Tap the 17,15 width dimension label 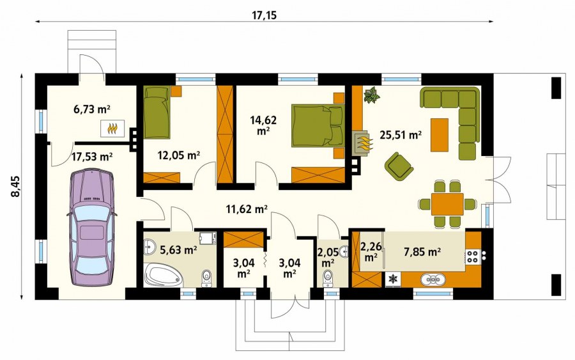pyautogui.click(x=264, y=15)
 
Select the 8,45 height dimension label pyautogui.click(x=16, y=187)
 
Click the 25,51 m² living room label pyautogui.click(x=401, y=135)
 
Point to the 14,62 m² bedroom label pyautogui.click(x=263, y=125)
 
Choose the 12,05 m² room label pyautogui.click(x=179, y=155)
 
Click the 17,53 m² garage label pyautogui.click(x=91, y=157)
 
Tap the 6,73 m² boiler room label pyautogui.click(x=92, y=109)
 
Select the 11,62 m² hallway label pyautogui.click(x=247, y=209)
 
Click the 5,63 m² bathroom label pyautogui.click(x=179, y=250)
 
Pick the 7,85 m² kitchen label pyautogui.click(x=422, y=252)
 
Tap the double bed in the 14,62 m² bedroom pyautogui.click(x=318, y=126)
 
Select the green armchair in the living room pyautogui.click(x=398, y=166)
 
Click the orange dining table pyautogui.click(x=447, y=204)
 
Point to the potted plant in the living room pyautogui.click(x=371, y=95)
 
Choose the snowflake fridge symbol pyautogui.click(x=393, y=279)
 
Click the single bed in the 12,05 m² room pyautogui.click(x=157, y=113)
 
